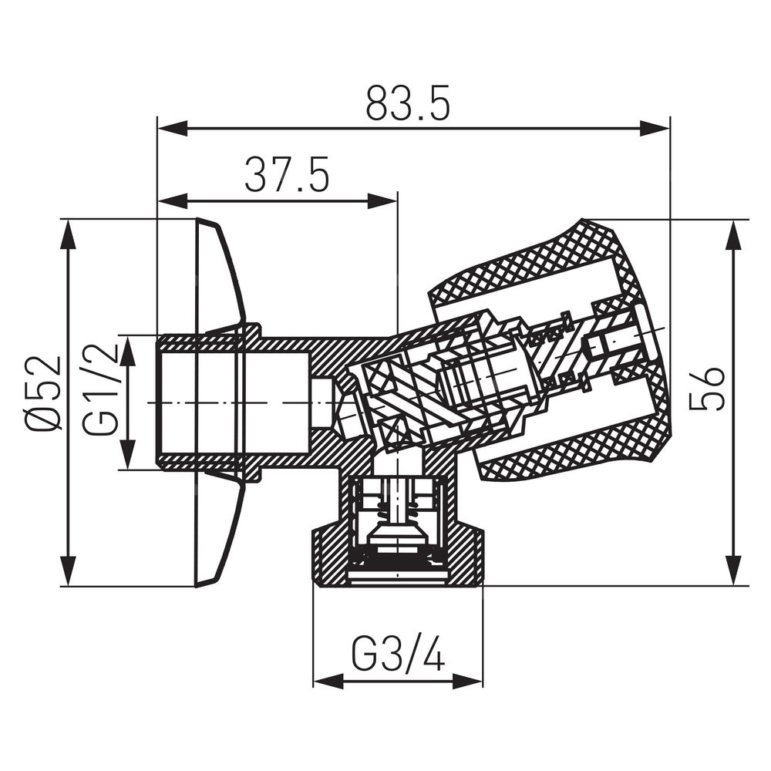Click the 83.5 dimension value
tap(408, 104)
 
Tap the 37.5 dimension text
tap(287, 174)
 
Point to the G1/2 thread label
tap(101, 390)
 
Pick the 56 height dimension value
tap(707, 389)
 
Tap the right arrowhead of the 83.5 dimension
tap(655, 130)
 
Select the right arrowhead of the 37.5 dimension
tap(382, 200)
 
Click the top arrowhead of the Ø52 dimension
tap(69, 235)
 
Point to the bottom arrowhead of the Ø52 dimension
tap(69, 571)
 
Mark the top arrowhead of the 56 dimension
tap(734, 235)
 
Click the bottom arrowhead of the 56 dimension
tap(734, 571)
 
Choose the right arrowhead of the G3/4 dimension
tap(468, 681)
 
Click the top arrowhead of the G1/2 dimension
tap(128, 351)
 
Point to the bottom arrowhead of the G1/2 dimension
tap(128, 454)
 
